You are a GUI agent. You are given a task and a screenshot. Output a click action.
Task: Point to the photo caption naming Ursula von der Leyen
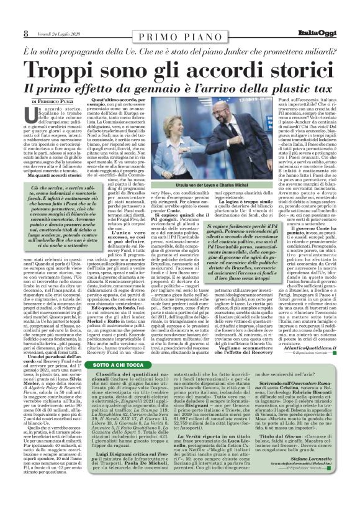pos(225,205)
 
